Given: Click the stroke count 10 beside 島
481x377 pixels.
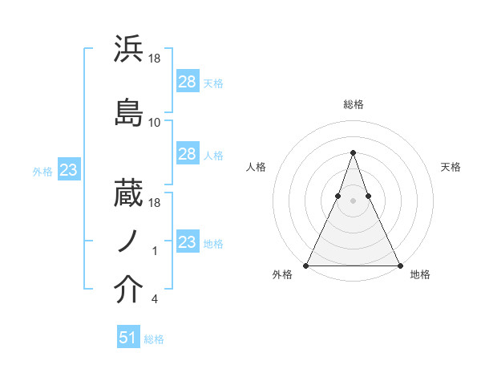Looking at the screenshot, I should pos(155,123).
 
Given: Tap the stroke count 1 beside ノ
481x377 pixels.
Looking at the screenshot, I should pos(155,252).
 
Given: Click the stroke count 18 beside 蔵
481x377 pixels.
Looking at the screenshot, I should pos(155,205).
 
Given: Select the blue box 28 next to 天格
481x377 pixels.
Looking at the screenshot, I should pos(187,81).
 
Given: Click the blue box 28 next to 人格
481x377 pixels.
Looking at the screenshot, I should pos(187,154).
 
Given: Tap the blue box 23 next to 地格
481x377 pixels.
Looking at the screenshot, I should pos(187,241).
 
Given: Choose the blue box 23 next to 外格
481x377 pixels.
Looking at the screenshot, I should pos(68,169).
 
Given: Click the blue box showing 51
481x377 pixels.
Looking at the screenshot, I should pos(128,338).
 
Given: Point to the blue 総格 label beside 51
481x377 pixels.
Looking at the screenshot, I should pos(154,339).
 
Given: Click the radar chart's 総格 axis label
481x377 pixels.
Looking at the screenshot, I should pos(353,104).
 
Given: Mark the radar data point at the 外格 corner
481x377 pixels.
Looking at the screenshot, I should pos(306,265).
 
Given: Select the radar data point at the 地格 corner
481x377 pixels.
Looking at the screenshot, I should pos(399,265).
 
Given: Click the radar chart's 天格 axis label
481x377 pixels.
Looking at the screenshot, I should pos(451,167).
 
